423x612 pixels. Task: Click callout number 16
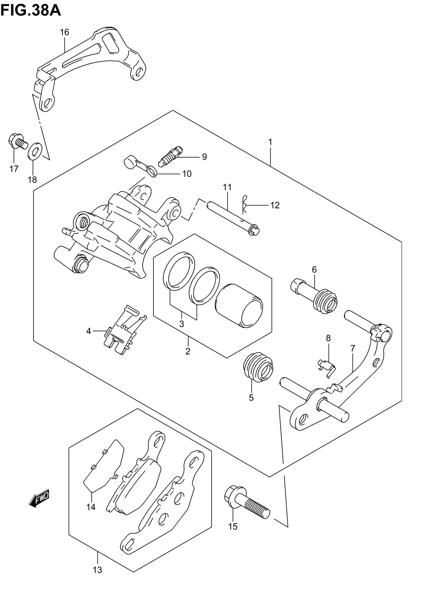64,32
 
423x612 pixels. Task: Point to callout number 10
187,174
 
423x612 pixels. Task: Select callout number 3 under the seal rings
182,324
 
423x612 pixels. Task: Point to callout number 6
314,269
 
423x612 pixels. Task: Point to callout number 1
270,142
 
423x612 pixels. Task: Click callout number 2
188,351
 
